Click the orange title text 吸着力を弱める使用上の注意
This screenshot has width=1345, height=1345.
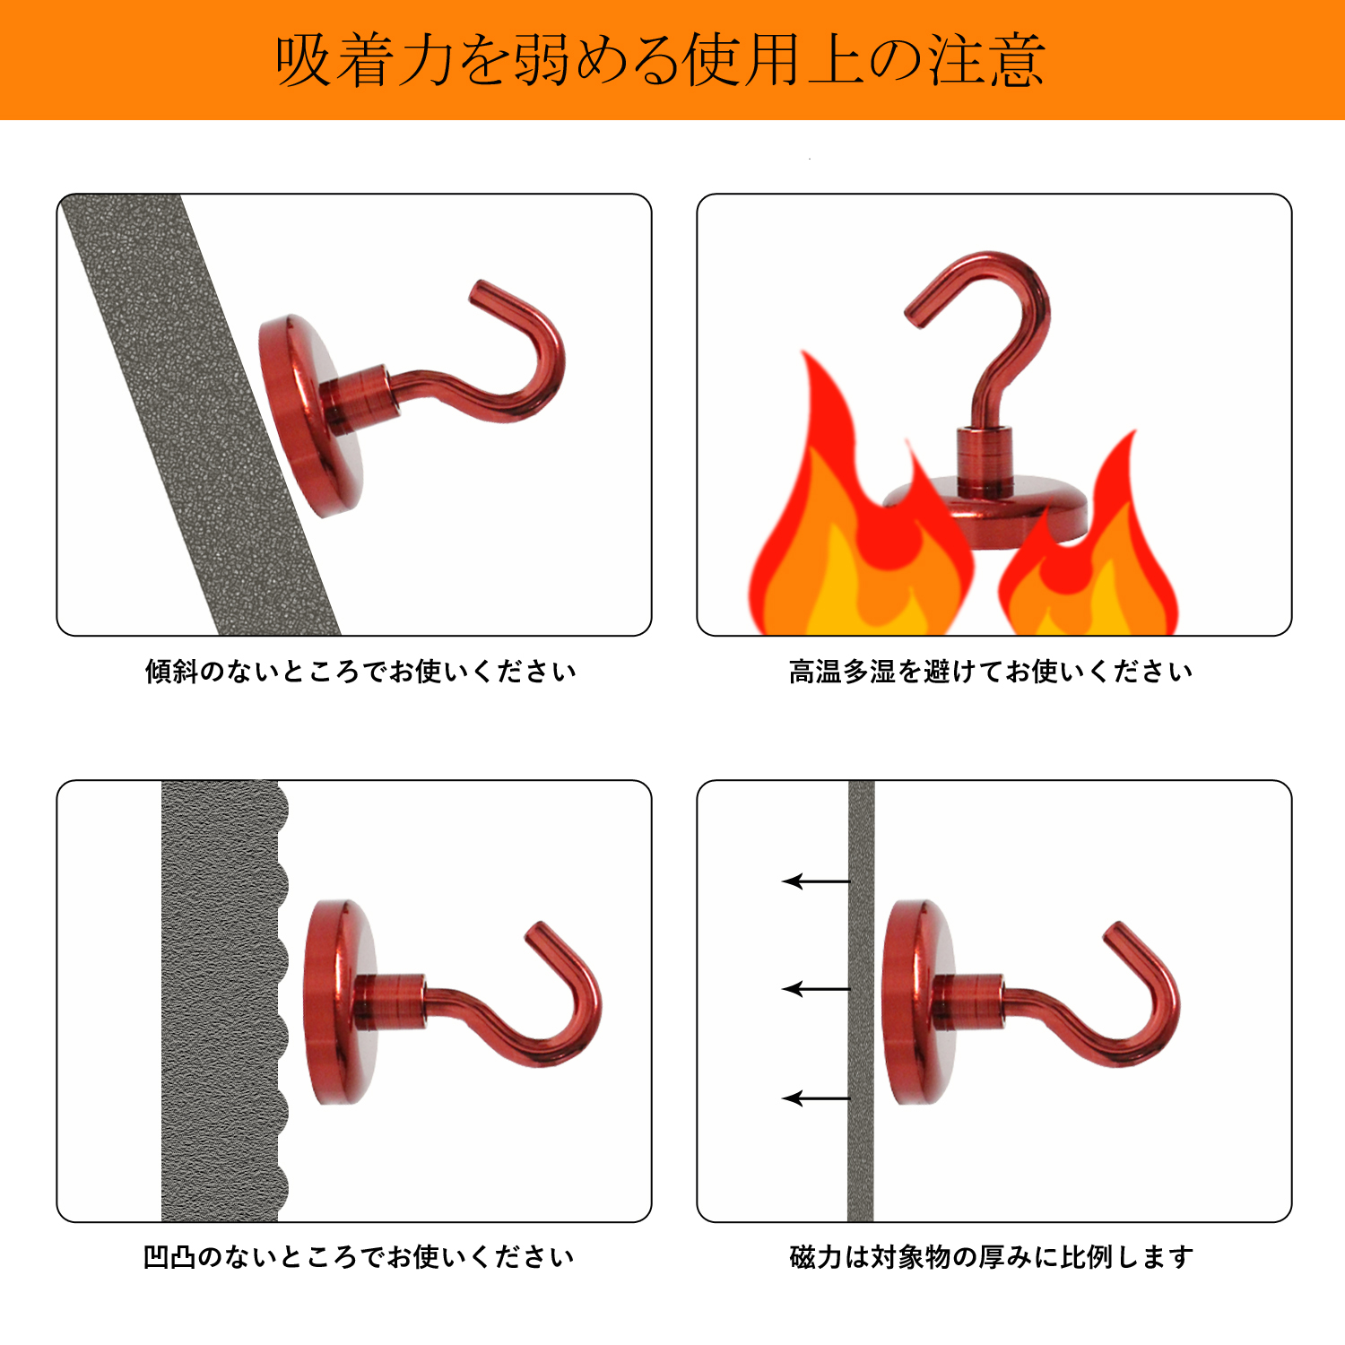(660, 60)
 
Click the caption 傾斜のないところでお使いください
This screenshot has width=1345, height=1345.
(360, 671)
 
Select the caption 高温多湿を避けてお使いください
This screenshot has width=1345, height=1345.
(991, 671)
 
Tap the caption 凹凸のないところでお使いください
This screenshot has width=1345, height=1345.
(359, 1257)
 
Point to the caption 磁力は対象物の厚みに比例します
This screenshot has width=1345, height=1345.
(992, 1257)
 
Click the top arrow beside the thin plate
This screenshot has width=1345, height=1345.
(816, 881)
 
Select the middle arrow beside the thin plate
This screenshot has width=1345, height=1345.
(816, 989)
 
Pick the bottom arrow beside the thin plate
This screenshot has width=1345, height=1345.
(816, 1098)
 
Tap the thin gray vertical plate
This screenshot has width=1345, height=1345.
(861, 1001)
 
